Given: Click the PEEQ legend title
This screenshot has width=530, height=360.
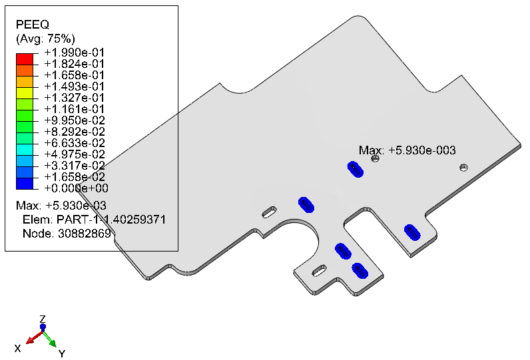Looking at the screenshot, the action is tap(33, 25).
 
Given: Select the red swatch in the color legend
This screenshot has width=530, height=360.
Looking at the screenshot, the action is tap(25, 59).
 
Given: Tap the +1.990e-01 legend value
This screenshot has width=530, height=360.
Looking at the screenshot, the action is tap(75, 53).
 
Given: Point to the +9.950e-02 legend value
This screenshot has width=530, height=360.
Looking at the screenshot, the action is tap(75, 120).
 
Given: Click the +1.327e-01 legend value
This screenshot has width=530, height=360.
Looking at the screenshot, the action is tap(75, 98).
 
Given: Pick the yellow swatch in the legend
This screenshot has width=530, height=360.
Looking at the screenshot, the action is tap(25, 93).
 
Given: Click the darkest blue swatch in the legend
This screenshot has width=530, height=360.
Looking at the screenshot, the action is tap(25, 184).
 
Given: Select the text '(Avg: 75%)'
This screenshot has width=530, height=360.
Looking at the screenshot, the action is tap(45, 39).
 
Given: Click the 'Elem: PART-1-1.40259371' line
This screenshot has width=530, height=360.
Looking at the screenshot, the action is tap(94, 220).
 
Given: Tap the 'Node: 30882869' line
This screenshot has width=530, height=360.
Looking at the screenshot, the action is tap(67, 234).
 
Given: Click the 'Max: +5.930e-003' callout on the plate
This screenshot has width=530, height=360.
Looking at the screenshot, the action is tap(407, 150).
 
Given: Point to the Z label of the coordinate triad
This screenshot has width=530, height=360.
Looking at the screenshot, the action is tap(42, 319).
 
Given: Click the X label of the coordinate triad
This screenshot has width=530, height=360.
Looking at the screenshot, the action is tap(17, 348).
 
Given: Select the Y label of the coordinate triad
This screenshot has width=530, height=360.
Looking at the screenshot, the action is tap(61, 353).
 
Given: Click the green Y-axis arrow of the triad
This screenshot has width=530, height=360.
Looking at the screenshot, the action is tap(50, 339).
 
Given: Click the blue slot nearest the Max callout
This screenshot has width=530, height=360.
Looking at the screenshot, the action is tap(356, 169).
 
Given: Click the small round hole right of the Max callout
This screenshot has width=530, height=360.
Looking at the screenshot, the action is tap(463, 167).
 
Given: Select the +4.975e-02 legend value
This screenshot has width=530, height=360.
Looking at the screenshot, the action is tap(75, 154).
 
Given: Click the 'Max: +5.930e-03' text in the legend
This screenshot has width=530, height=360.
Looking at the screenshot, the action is tap(61, 206).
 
